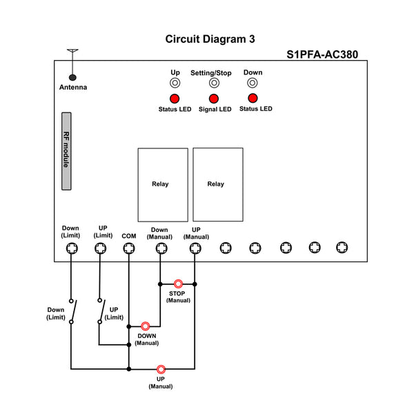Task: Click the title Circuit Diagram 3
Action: [210, 39]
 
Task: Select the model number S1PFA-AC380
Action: [322, 55]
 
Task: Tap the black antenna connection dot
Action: [72, 77]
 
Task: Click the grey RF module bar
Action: [66, 151]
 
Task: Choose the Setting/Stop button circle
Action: [214, 83]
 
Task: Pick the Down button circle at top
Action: [253, 83]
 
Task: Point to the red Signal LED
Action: [214, 99]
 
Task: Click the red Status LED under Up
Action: [175, 99]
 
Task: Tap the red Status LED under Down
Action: [253, 98]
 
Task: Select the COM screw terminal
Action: [129, 248]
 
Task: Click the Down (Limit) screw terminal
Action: [72, 248]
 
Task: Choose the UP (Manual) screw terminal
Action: [195, 248]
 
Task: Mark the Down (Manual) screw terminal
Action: [161, 248]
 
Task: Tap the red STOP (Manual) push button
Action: [178, 284]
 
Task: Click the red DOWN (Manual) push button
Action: [145, 326]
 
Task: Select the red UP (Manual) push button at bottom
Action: [161, 369]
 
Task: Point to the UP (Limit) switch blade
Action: [102, 310]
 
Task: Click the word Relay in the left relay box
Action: [160, 184]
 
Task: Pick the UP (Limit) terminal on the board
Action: [101, 248]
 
